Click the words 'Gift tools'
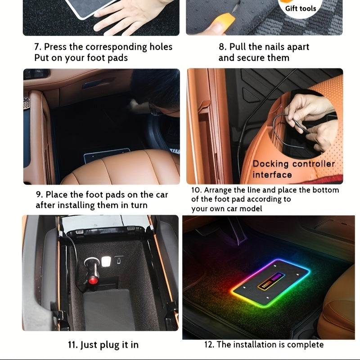[301, 8]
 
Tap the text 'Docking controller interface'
[293, 169]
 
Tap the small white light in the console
[106, 261]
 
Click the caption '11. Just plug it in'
[103, 345]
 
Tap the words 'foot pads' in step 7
[108, 58]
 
